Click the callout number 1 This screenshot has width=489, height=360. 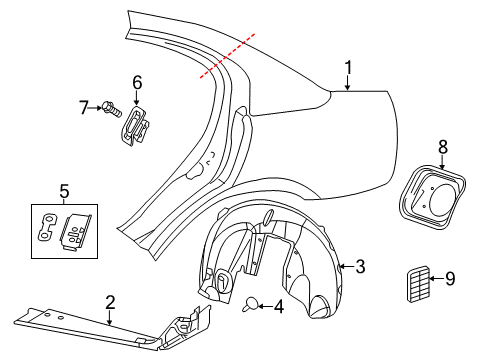(x=348, y=68)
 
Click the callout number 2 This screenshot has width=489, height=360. (x=109, y=300)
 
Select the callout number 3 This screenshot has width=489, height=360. (x=360, y=266)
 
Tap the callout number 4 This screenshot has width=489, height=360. (x=278, y=308)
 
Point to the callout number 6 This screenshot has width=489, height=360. (x=137, y=83)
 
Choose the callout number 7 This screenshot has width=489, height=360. (x=83, y=105)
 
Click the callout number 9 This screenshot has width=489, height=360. (x=449, y=279)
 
